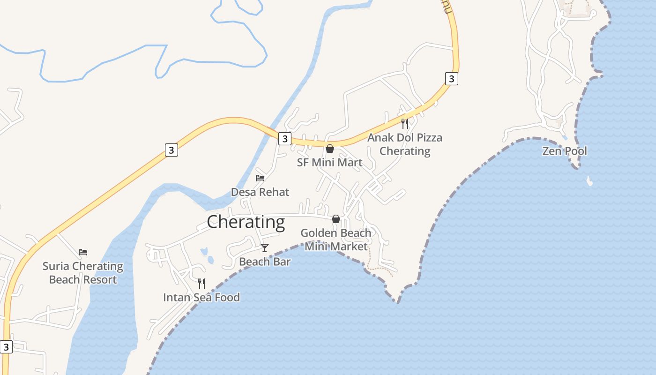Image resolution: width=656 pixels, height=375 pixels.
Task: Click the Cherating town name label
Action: [246, 222]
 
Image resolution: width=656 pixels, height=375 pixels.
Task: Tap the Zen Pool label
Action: [564, 151]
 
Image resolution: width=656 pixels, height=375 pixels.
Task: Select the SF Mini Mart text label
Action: [329, 162]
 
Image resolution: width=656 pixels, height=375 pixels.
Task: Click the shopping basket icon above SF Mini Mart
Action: [330, 149]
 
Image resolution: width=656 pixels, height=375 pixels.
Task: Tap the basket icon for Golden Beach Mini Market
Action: [336, 219]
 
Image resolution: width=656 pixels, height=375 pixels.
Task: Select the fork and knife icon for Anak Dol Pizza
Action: [405, 124]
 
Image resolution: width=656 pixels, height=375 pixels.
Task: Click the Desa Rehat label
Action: [260, 192]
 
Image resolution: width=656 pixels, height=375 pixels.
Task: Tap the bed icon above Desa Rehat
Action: [260, 178]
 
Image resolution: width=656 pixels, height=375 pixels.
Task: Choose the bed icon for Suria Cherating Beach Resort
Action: [83, 252]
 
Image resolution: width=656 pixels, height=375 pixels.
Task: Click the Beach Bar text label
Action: [265, 262]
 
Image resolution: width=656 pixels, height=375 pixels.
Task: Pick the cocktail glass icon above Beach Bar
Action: [265, 247]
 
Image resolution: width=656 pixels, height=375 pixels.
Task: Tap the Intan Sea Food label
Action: [201, 297]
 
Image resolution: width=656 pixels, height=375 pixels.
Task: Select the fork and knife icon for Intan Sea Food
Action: [201, 283]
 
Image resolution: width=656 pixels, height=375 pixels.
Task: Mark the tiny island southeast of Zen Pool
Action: [589, 181]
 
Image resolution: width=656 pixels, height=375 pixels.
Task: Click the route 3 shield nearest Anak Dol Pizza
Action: [451, 79]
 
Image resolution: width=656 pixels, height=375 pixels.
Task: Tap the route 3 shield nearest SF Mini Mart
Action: [285, 139]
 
